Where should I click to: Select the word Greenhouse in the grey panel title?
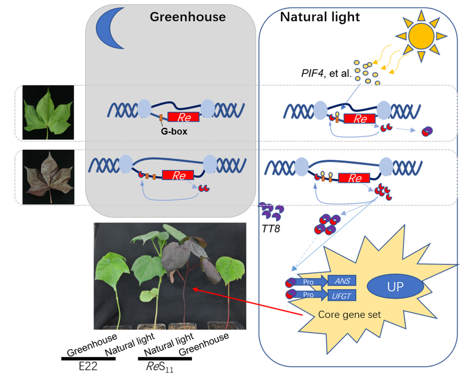[187, 17]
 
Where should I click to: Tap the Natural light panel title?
[320, 17]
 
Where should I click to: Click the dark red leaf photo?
[48, 178]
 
